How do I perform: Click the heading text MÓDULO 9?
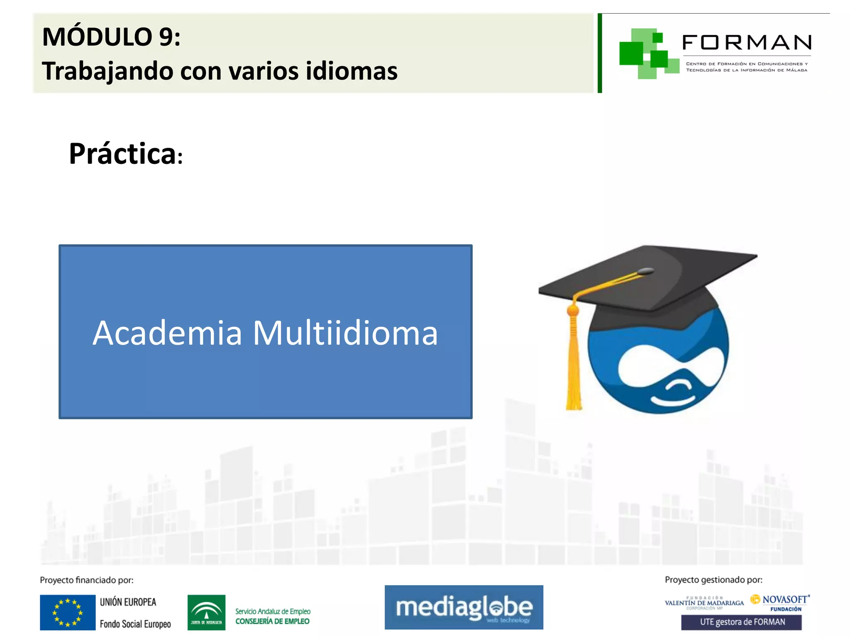pyautogui.click(x=111, y=37)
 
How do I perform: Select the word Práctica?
pyautogui.click(x=123, y=154)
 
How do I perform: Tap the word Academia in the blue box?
pyautogui.click(x=167, y=333)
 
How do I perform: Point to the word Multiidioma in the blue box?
pyautogui.click(x=345, y=333)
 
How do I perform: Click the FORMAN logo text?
pyautogui.click(x=746, y=42)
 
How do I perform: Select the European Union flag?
pyautogui.click(x=68, y=612)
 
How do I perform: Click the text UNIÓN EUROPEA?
pyautogui.click(x=128, y=602)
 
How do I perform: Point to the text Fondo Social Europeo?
pyautogui.click(x=135, y=624)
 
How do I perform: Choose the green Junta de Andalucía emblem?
pyautogui.click(x=206, y=612)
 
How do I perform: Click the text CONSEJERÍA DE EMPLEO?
pyautogui.click(x=272, y=621)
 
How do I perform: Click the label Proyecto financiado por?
pyautogui.click(x=87, y=580)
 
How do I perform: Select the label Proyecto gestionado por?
pyautogui.click(x=713, y=580)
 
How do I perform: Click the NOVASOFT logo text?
pyautogui.click(x=784, y=600)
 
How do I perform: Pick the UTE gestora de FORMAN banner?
pyautogui.click(x=742, y=622)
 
